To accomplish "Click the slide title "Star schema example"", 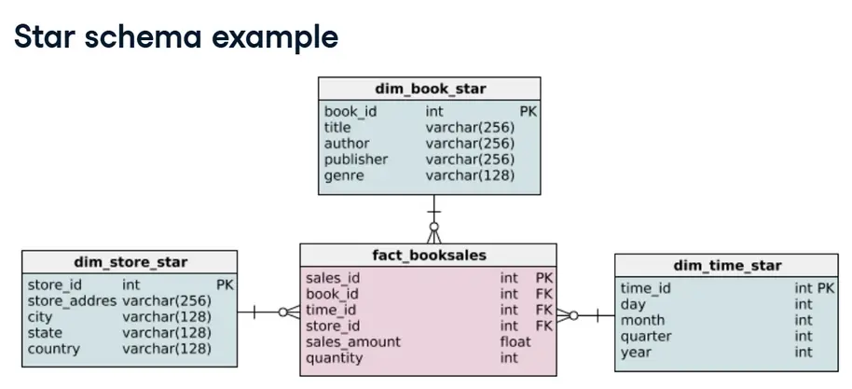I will click(x=175, y=37).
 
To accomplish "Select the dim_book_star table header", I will click(x=430, y=89).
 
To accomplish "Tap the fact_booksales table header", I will click(x=428, y=255).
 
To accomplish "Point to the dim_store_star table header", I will click(x=130, y=262).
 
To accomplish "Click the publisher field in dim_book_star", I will click(x=355, y=159).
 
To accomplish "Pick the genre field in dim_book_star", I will click(x=344, y=174).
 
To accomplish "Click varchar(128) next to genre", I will click(x=470, y=174).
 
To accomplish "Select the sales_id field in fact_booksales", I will click(x=333, y=277).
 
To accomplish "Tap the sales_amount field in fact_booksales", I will click(x=352, y=341).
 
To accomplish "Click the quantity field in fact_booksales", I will click(x=335, y=357).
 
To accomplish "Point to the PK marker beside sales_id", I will click(x=544, y=277).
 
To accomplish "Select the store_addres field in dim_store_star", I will click(x=72, y=301).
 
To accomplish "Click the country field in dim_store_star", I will click(x=54, y=349).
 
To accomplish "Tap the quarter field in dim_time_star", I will click(x=646, y=336).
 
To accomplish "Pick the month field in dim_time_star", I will click(x=641, y=320).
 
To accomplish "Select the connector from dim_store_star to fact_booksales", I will click(x=268, y=312).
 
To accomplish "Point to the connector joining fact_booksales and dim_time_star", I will click(x=585, y=315).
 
